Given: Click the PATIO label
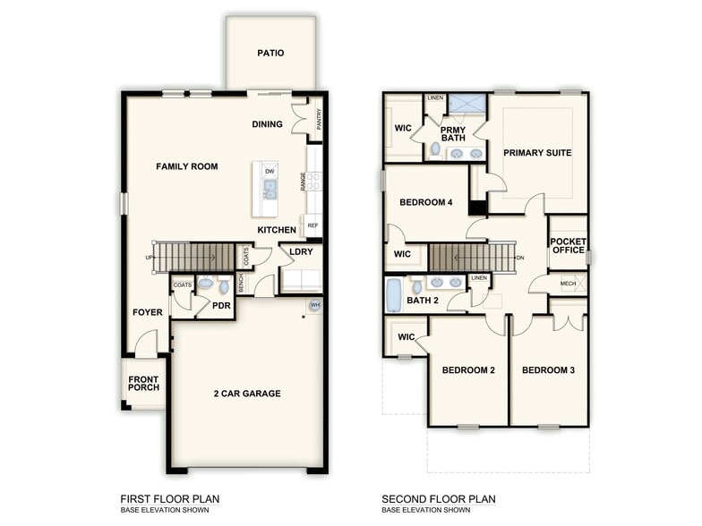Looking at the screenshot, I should click(270, 53).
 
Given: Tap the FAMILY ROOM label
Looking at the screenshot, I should click(187, 166).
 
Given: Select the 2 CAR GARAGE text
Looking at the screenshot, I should click(247, 394).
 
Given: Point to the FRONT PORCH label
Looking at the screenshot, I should click(143, 384).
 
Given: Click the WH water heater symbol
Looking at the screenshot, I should click(314, 305).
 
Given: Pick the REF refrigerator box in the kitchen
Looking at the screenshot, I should click(312, 225).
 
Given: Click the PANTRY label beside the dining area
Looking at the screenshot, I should click(319, 120).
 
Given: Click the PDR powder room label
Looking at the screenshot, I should click(222, 306).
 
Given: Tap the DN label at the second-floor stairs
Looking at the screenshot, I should click(520, 258).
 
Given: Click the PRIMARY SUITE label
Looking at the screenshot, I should click(537, 153).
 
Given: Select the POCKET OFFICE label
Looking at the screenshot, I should click(568, 246).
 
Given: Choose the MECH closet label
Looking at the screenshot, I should click(568, 284).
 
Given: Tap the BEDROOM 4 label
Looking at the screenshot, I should click(425, 202).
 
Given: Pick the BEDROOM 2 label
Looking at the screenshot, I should click(467, 370).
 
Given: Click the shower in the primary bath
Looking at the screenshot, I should click(467, 104).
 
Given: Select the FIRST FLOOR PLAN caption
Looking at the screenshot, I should click(170, 499).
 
